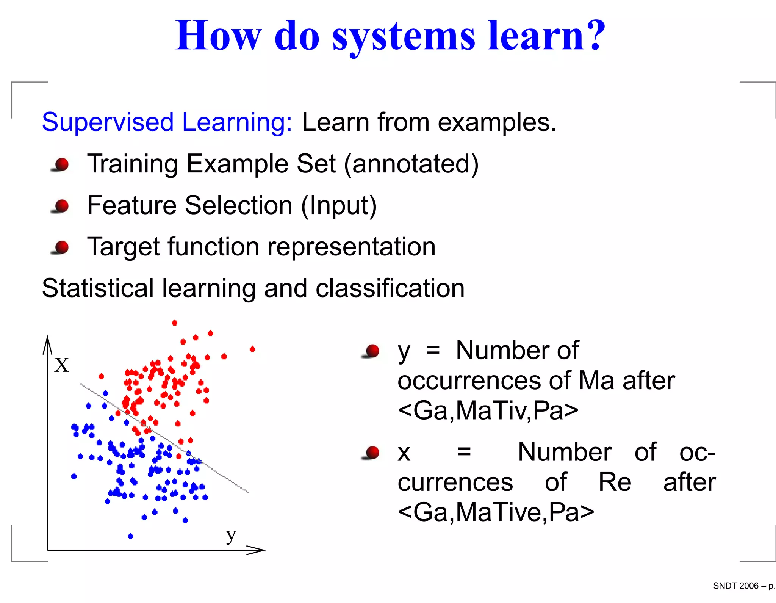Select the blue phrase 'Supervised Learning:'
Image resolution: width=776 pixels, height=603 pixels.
pos(167,122)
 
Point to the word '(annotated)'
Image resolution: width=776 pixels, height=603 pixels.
pos(411,164)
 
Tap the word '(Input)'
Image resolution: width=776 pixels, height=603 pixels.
pos(339,206)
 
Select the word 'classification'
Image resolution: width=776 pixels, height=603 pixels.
pos(390,288)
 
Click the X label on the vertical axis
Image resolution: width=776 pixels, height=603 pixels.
pos(61,365)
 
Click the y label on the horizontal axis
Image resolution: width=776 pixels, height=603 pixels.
pos(231,536)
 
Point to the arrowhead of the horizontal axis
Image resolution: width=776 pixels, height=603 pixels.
pos(260,550)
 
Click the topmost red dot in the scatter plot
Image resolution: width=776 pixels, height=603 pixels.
pos(175,323)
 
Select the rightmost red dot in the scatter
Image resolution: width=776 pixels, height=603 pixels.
pos(252,349)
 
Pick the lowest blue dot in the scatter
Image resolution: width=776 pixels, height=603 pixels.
pos(131,536)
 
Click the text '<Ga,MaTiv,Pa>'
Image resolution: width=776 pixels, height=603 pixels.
pos(488,411)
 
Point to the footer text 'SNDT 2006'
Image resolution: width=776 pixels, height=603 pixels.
pos(735,586)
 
